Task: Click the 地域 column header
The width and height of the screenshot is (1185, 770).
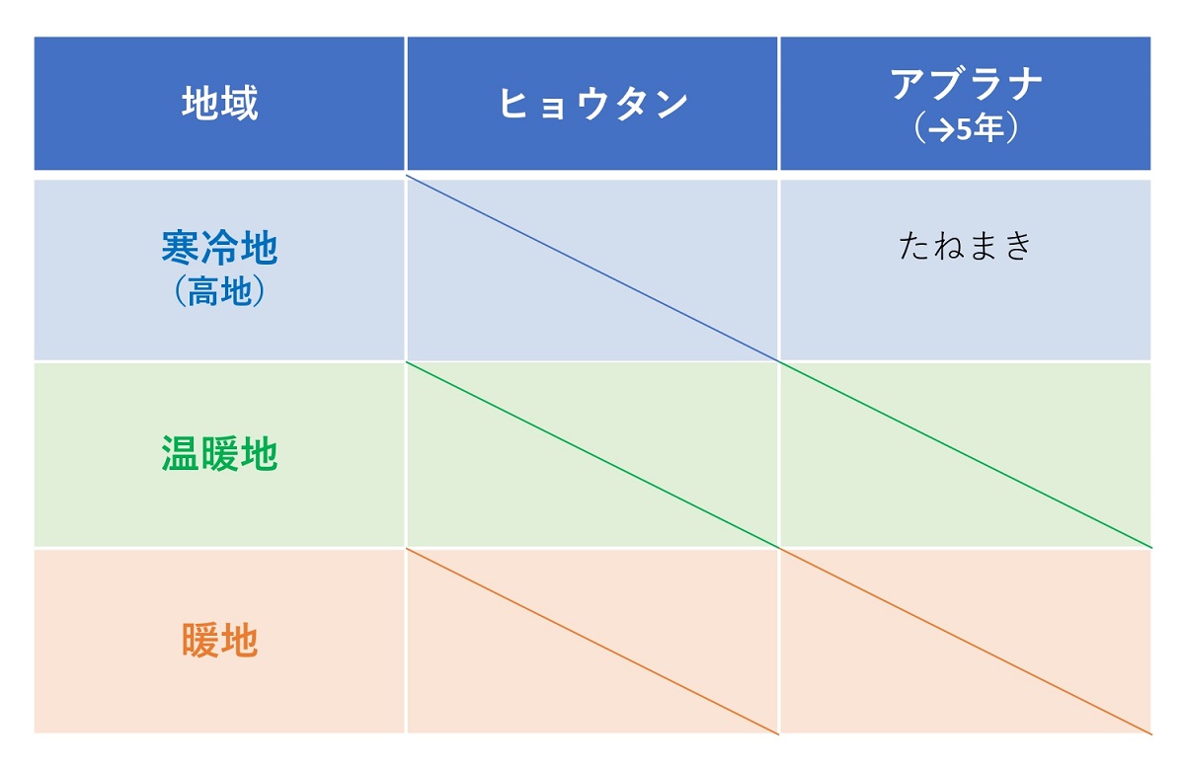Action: click(x=219, y=103)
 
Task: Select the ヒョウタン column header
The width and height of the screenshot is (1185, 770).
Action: click(x=592, y=104)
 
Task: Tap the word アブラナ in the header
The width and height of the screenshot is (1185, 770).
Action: click(x=966, y=84)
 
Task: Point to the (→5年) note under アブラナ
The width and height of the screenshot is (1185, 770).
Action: click(x=966, y=127)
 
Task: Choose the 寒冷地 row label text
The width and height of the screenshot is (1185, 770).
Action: click(x=219, y=247)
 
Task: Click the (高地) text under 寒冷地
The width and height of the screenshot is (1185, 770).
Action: click(x=219, y=291)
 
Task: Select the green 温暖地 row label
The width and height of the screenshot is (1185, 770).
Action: click(x=219, y=454)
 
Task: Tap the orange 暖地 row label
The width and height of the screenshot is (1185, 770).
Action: click(x=219, y=641)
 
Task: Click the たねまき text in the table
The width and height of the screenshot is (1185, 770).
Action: click(x=966, y=246)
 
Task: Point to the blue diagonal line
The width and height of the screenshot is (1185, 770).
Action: click(x=592, y=269)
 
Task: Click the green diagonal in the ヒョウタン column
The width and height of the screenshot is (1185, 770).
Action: click(x=592, y=455)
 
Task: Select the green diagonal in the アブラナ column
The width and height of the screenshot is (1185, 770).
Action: click(x=966, y=455)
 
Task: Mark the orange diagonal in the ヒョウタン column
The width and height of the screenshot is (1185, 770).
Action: click(x=592, y=642)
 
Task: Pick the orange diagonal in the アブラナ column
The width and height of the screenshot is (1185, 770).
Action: click(x=966, y=642)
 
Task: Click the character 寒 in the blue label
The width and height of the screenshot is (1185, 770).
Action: click(x=180, y=247)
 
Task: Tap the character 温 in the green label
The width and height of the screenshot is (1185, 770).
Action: click(x=180, y=454)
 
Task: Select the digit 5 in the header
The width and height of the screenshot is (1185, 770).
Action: click(x=964, y=129)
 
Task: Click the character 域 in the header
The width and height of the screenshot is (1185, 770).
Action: click(x=240, y=103)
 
